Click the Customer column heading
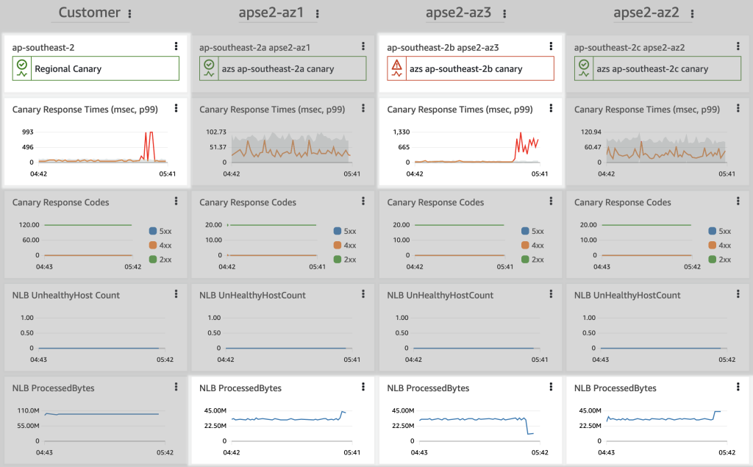[89, 13]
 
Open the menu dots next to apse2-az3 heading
[504, 13]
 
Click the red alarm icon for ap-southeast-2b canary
[398, 69]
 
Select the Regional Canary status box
[96, 69]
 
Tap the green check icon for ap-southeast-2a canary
[210, 69]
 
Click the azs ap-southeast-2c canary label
[652, 69]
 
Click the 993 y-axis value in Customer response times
[27, 132]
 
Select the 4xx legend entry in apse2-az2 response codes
[724, 245]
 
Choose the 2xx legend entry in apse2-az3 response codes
[537, 259]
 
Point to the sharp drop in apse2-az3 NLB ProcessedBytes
[527, 427]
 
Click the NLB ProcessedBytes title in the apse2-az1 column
[240, 388]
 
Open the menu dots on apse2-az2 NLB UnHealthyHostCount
[738, 294]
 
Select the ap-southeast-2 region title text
[43, 47]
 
